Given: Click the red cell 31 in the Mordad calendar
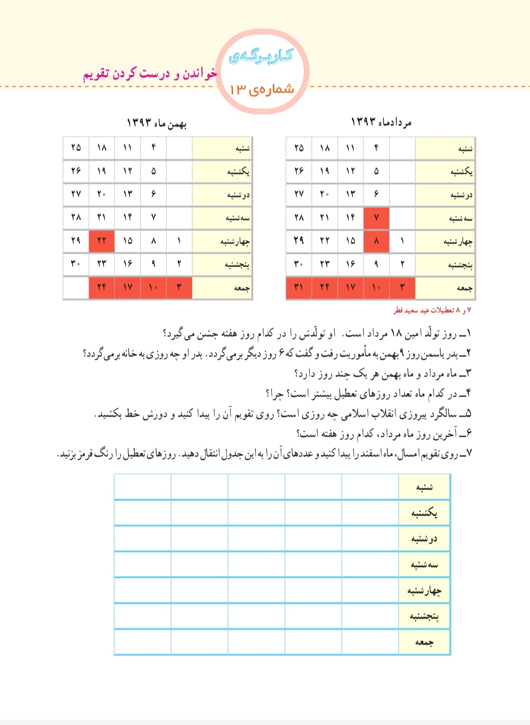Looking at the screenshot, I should point(298,288).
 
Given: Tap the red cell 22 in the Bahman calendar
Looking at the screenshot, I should point(102,241).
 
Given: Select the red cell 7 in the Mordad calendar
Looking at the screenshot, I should point(376,218).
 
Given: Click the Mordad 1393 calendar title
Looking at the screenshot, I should point(381,122).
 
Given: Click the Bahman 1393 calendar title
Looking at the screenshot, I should point(157,123).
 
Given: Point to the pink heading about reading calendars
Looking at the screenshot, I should point(150,74).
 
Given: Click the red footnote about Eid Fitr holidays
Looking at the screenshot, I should point(432,310).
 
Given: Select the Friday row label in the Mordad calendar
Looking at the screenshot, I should point(464,288).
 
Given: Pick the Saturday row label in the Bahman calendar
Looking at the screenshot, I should point(242,148).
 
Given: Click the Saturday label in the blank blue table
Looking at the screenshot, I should point(424,487).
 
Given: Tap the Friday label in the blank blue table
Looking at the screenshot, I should point(424,642).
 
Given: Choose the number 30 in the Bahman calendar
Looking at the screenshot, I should point(76,264).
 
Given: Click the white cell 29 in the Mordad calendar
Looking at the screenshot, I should point(298,241).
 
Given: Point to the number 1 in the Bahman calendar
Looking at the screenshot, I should point(179,241).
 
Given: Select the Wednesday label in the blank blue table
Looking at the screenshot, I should point(424,590).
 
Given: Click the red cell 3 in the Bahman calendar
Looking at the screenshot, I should point(179,288).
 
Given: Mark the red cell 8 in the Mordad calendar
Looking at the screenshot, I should point(376,241).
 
